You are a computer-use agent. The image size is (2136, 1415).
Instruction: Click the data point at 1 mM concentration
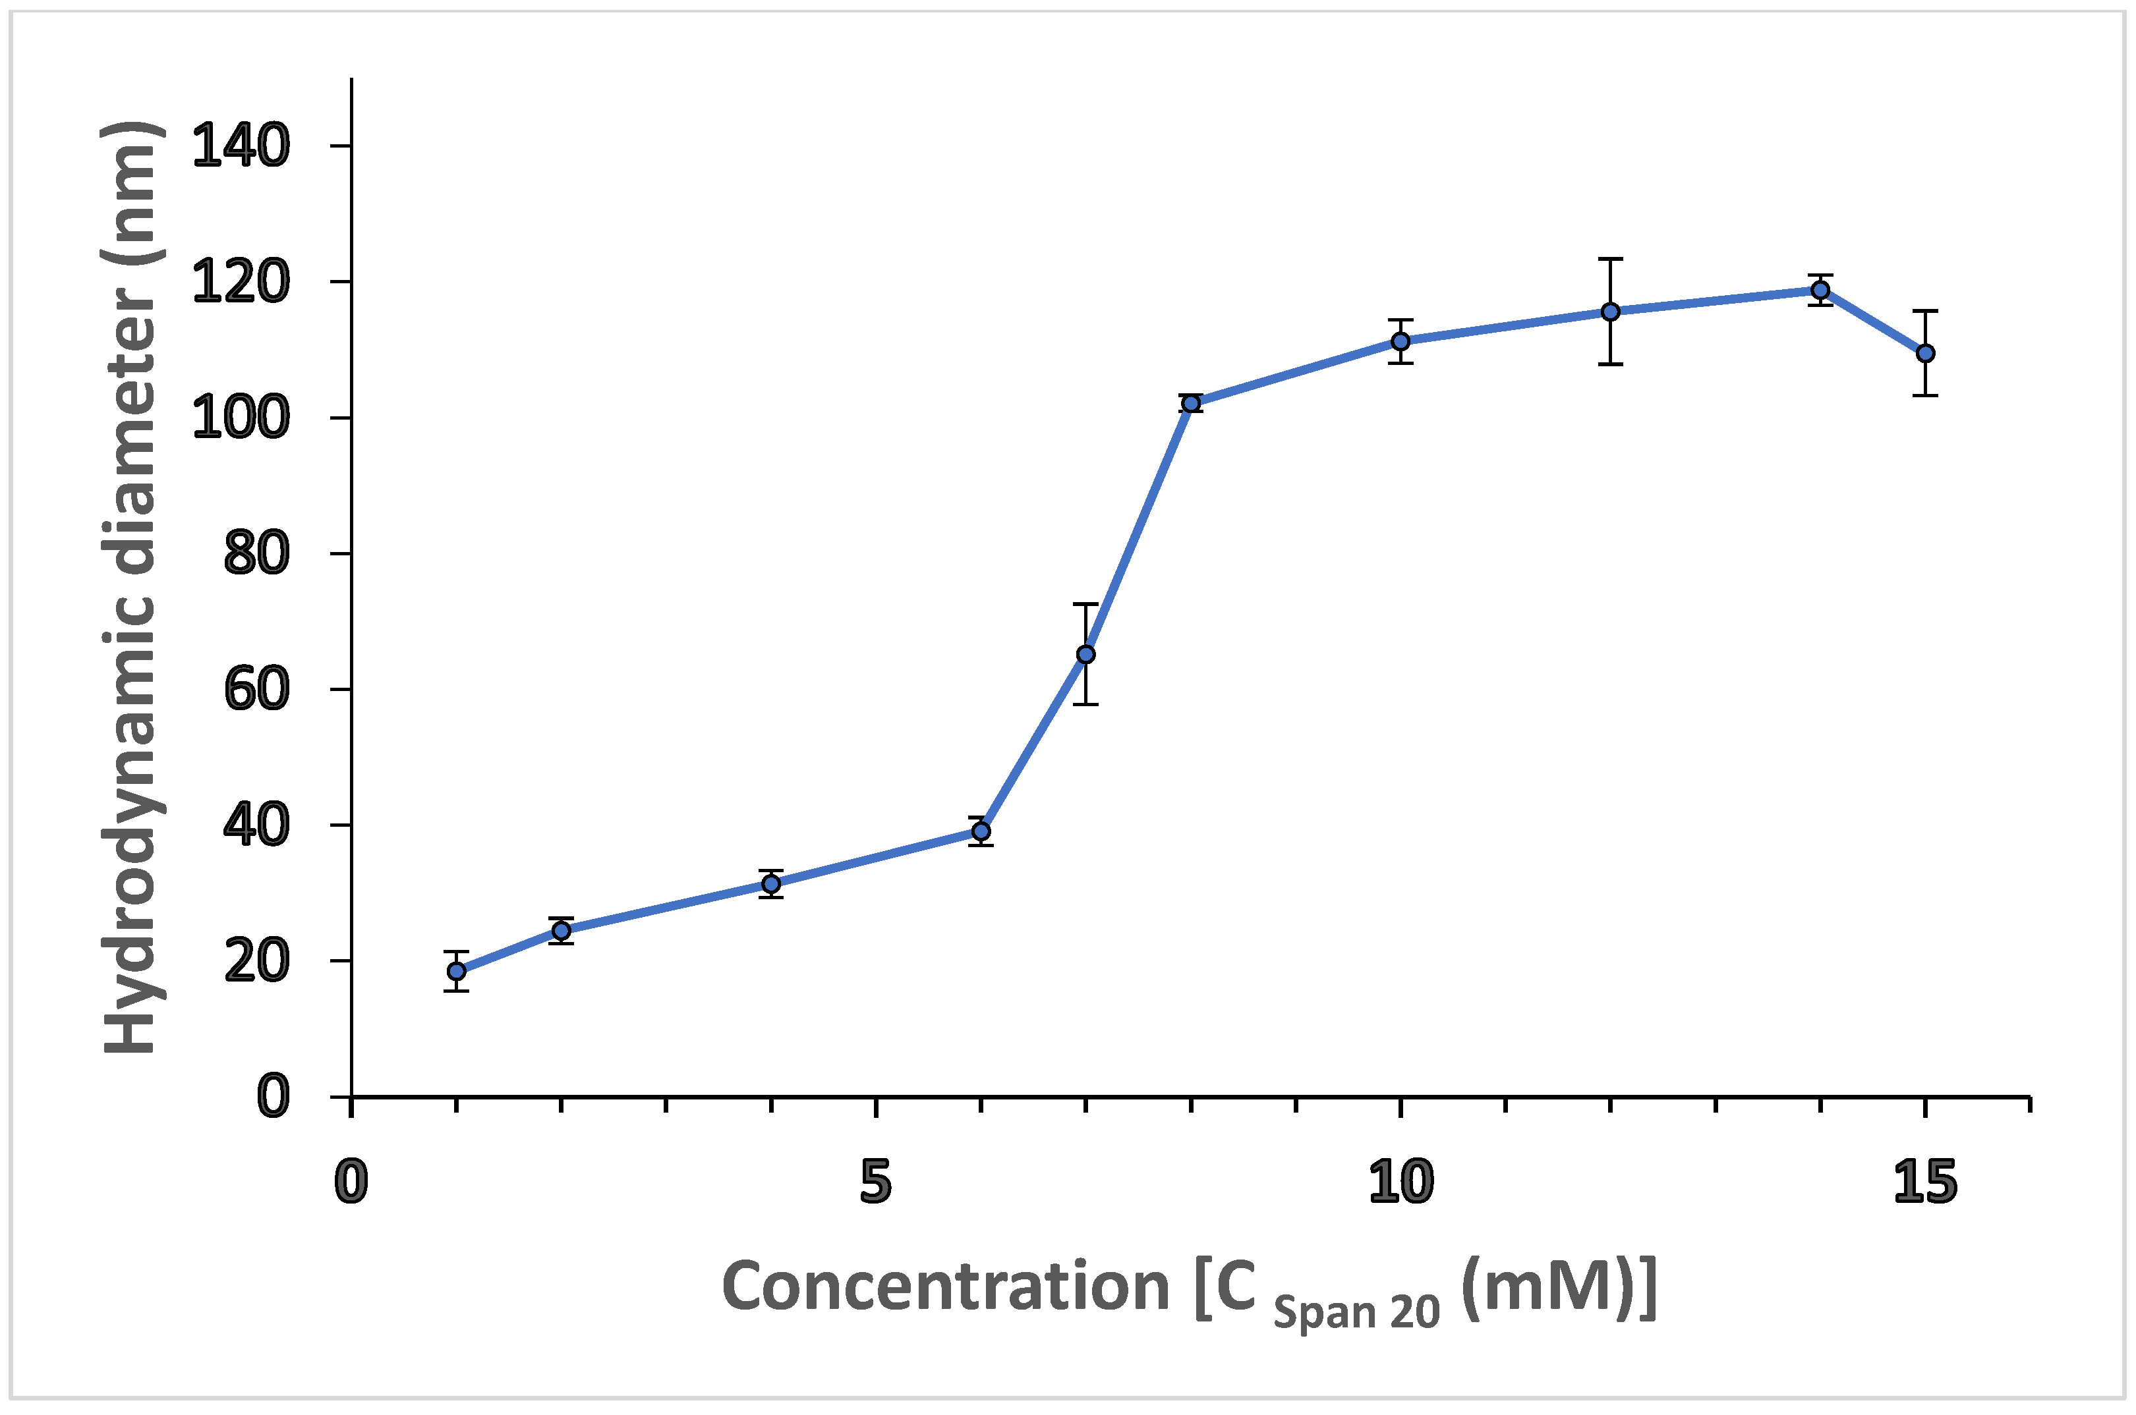point(457,971)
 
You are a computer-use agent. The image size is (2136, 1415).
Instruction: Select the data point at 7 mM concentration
point(1086,654)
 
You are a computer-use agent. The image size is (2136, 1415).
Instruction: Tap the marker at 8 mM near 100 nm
point(1192,403)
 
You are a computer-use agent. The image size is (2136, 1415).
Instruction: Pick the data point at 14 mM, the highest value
point(1820,290)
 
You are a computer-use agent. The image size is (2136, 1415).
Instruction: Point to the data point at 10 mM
point(1400,341)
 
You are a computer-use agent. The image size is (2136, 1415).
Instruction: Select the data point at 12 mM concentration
point(1611,312)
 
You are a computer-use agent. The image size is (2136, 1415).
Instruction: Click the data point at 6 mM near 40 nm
point(981,831)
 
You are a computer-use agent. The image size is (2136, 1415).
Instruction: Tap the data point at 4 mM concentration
point(771,883)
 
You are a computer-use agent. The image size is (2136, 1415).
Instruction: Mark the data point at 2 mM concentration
point(562,930)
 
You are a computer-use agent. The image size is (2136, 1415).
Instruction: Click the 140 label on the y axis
point(241,146)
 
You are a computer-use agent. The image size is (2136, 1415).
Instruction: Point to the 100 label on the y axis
point(241,419)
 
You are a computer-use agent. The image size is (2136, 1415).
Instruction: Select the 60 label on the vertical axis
point(256,690)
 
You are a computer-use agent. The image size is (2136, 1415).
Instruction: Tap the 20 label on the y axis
point(256,962)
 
